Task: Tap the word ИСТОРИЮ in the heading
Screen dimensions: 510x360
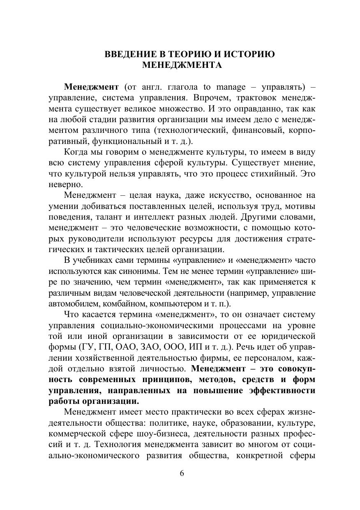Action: [249, 54]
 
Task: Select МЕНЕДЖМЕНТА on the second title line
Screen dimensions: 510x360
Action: [182, 65]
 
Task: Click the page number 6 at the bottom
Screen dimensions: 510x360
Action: [182, 473]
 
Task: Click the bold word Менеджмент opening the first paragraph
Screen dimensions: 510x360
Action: [91, 87]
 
